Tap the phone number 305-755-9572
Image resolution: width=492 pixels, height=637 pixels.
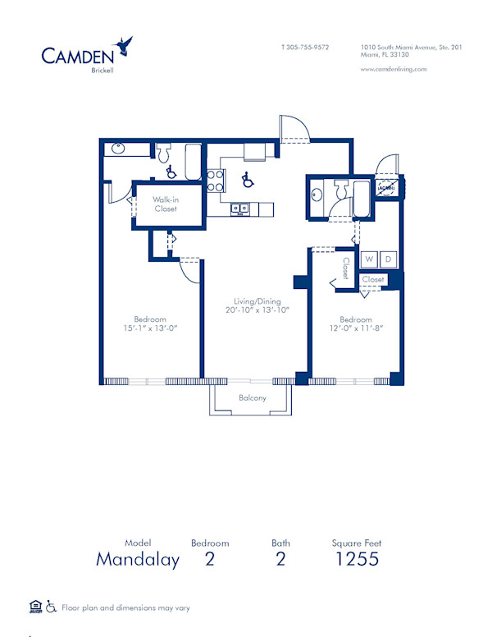pyautogui.click(x=305, y=48)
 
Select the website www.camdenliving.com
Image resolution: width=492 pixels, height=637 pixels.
pyautogui.click(x=394, y=69)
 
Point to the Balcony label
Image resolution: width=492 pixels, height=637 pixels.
pyautogui.click(x=252, y=398)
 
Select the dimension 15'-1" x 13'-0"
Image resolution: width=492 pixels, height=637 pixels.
pyautogui.click(x=150, y=328)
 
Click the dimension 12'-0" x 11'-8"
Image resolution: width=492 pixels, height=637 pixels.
pyautogui.click(x=356, y=328)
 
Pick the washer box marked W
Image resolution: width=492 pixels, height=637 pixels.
pyautogui.click(x=369, y=259)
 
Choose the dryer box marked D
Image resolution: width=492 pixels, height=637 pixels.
pyautogui.click(x=389, y=259)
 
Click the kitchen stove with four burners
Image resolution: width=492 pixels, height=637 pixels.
pyautogui.click(x=216, y=181)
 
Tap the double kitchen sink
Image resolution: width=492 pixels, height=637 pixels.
pyautogui.click(x=240, y=209)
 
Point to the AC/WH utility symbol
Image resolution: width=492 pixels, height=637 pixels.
pyautogui.click(x=386, y=189)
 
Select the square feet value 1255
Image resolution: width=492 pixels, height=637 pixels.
pyautogui.click(x=357, y=560)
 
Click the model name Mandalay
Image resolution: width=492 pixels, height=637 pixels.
pyautogui.click(x=138, y=560)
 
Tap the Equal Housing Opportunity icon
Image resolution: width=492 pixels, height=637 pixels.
pyautogui.click(x=35, y=607)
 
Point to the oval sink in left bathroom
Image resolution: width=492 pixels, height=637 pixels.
pyautogui.click(x=117, y=149)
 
